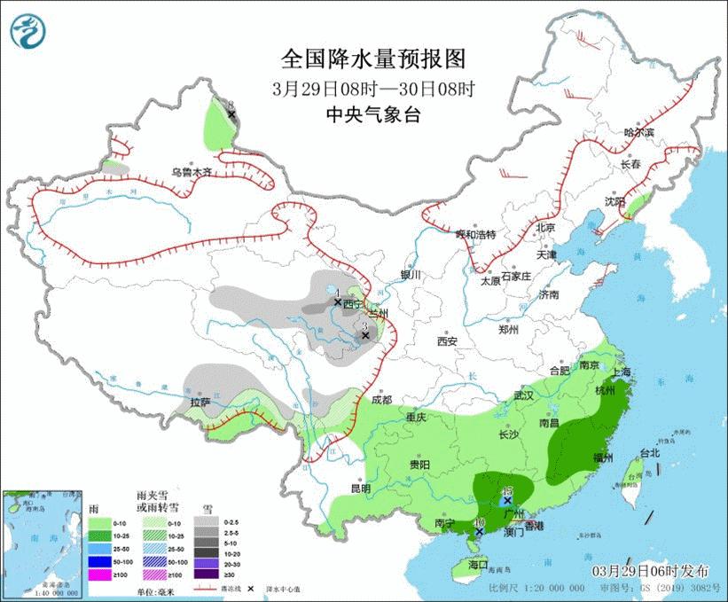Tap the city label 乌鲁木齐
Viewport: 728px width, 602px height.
[x=192, y=173]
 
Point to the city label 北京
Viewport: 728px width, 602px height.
[x=544, y=228]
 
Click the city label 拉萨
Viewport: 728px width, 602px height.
[x=200, y=402]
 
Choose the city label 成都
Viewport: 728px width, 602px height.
[x=382, y=400]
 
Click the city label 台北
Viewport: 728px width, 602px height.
[x=649, y=453]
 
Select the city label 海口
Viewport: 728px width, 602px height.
[x=479, y=564]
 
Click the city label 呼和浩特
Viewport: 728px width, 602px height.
[x=476, y=235]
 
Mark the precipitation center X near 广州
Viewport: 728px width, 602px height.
[x=507, y=502]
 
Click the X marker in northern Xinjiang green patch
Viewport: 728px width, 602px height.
[x=231, y=114]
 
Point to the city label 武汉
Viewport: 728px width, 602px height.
[x=524, y=395]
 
